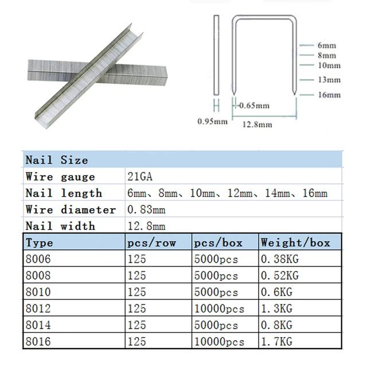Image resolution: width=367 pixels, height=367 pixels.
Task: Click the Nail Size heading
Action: [x=56, y=161]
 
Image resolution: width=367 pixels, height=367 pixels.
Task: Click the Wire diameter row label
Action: [x=71, y=210]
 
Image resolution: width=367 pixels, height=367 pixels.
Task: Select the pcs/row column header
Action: [x=150, y=243]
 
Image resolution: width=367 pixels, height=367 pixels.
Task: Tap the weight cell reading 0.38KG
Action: [x=280, y=259]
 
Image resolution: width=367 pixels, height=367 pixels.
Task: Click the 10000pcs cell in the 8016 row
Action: [x=219, y=342]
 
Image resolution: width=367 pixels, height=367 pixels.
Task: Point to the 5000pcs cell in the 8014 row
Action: [x=216, y=326]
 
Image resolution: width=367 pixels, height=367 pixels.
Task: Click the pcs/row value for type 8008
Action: [x=136, y=276]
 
